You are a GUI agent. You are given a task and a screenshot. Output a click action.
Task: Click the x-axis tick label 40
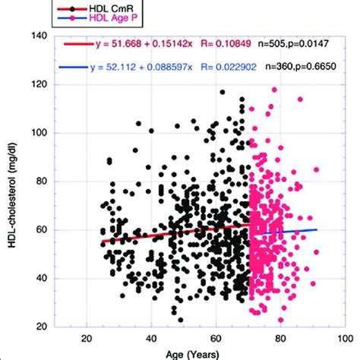[151, 339]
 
